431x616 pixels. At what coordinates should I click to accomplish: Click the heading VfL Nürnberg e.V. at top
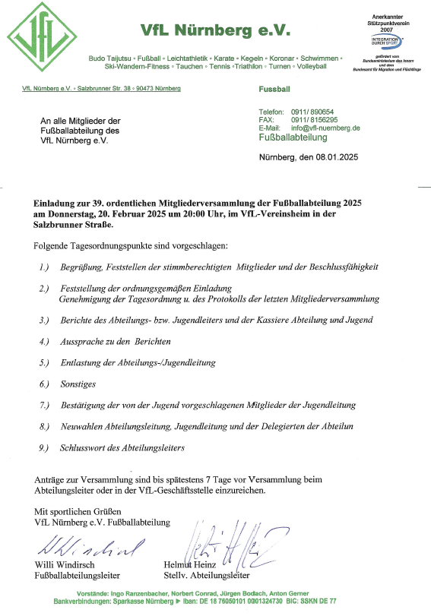coord(216,30)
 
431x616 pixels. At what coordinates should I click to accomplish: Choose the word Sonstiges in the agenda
coord(79,384)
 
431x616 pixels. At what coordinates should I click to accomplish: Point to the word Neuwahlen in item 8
coord(82,427)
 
